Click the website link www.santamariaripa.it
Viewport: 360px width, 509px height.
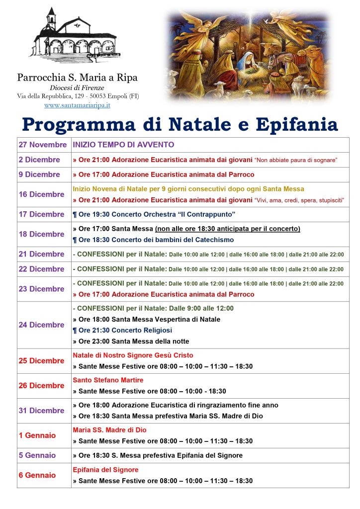point(77,105)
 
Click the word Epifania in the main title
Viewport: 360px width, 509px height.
point(296,124)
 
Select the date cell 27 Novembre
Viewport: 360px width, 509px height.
point(43,145)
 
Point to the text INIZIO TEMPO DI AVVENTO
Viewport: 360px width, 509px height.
point(123,145)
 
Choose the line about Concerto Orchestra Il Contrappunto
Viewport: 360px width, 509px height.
point(154,214)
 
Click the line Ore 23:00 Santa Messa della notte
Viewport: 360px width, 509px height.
point(131,341)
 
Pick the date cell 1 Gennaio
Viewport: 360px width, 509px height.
point(37,435)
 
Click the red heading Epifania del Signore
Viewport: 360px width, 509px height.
point(105,470)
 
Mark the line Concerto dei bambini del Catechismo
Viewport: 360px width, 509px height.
point(153,240)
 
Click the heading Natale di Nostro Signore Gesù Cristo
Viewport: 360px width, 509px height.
point(133,355)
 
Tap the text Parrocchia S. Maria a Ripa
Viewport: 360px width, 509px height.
point(77,78)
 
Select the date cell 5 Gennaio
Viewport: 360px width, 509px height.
point(37,455)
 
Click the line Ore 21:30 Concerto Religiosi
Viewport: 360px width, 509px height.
point(122,330)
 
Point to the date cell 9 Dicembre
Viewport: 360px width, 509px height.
point(39,174)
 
